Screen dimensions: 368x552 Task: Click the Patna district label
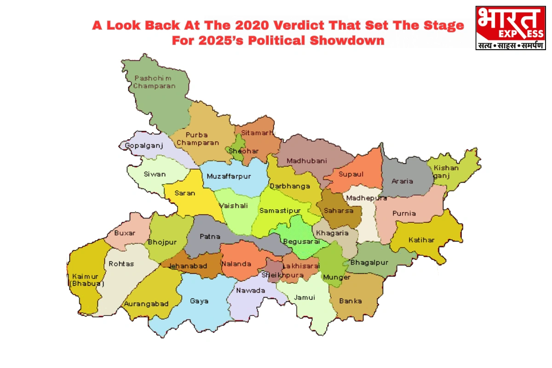pyautogui.click(x=210, y=237)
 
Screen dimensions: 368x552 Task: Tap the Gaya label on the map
pyautogui.click(x=199, y=301)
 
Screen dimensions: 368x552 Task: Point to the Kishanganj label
pyautogui.click(x=446, y=171)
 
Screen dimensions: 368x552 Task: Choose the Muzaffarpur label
pyautogui.click(x=229, y=176)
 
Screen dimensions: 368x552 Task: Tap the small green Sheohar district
pyautogui.click(x=237, y=149)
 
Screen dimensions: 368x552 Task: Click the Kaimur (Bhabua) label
pyautogui.click(x=86, y=280)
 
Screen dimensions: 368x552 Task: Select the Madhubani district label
pyautogui.click(x=306, y=161)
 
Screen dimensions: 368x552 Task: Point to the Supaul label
pyautogui.click(x=351, y=174)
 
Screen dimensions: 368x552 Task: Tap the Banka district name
pyautogui.click(x=351, y=301)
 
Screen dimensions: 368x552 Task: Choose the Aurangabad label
pyautogui.click(x=146, y=304)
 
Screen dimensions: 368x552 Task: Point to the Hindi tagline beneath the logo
pyautogui.click(x=510, y=46)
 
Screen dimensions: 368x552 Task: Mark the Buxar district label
pyautogui.click(x=125, y=233)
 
